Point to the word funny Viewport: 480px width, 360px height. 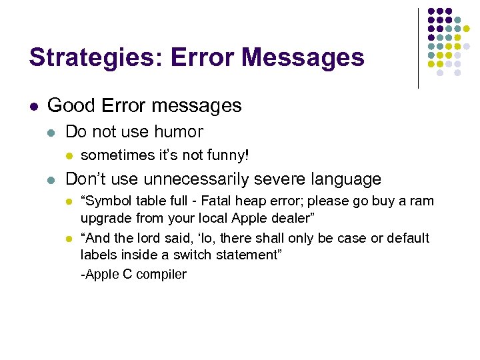click(x=227, y=156)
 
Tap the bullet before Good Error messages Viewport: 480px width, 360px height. click(x=33, y=106)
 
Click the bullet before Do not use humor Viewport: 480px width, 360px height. click(x=53, y=132)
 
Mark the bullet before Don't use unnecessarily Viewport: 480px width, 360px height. click(x=53, y=180)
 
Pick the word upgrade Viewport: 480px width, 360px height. click(x=103, y=217)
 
